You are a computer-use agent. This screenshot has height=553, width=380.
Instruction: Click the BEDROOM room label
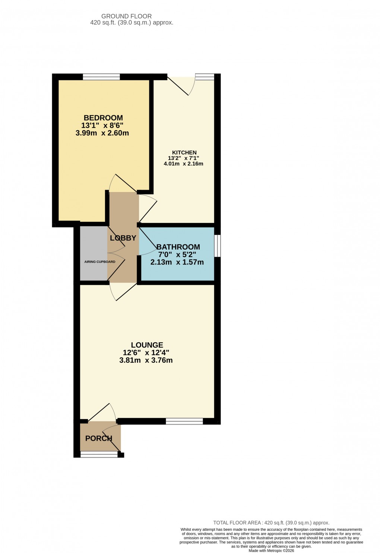click(103, 118)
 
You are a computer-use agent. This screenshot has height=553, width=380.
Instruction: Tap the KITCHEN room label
click(184, 153)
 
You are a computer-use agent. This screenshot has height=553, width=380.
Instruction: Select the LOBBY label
click(123, 238)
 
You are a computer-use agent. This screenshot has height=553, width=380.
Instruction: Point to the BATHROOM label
click(178, 247)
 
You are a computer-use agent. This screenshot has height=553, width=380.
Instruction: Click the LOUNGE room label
click(147, 345)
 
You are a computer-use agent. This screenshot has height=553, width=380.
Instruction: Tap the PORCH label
click(99, 438)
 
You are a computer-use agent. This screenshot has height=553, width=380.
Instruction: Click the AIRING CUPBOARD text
click(100, 262)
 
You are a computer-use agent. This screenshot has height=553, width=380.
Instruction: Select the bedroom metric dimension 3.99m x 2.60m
click(102, 133)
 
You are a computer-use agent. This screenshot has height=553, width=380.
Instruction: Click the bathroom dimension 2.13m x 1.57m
click(177, 262)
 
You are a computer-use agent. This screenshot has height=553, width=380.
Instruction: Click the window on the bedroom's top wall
click(101, 77)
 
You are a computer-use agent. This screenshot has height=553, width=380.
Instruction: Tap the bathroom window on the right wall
click(217, 246)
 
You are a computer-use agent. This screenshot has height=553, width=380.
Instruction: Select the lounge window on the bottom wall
click(184, 421)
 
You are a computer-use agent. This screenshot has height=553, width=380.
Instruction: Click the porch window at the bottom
click(99, 454)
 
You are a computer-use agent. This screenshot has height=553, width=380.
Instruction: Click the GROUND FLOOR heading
click(127, 16)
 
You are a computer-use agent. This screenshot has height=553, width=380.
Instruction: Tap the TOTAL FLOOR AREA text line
click(271, 523)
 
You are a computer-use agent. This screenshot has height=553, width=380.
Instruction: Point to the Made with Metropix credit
click(271, 551)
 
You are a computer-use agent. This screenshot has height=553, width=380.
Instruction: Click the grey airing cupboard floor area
click(93, 246)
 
